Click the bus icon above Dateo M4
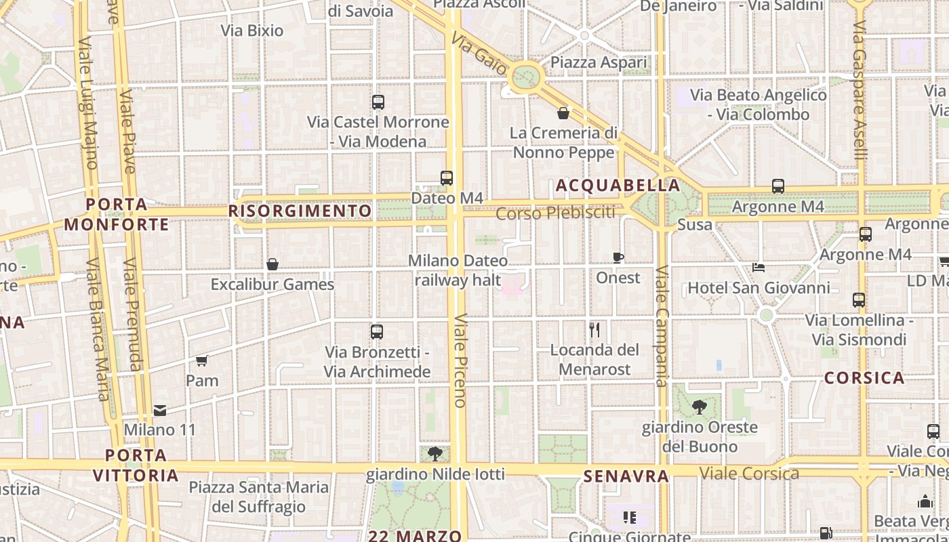pyautogui.click(x=447, y=178)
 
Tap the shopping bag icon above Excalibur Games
pyautogui.click(x=272, y=264)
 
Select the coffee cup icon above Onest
pyautogui.click(x=618, y=257)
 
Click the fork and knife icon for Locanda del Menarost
pyautogui.click(x=594, y=330)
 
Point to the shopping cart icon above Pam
pyautogui.click(x=201, y=360)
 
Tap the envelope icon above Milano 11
pyautogui.click(x=160, y=410)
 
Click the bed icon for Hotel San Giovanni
pyautogui.click(x=759, y=268)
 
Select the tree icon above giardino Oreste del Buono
pyautogui.click(x=699, y=407)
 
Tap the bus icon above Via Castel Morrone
pyautogui.click(x=378, y=102)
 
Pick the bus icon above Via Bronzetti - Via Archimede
pyautogui.click(x=377, y=332)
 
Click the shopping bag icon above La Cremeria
pyautogui.click(x=563, y=113)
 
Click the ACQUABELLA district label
pyautogui.click(x=618, y=185)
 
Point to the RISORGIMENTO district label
pyautogui.click(x=300, y=211)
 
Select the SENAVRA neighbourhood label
pyautogui.click(x=626, y=476)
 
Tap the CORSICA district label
pyautogui.click(x=864, y=378)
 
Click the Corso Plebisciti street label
pyautogui.click(x=556, y=213)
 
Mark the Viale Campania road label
pyautogui.click(x=662, y=327)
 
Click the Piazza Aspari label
pyautogui.click(x=599, y=62)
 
